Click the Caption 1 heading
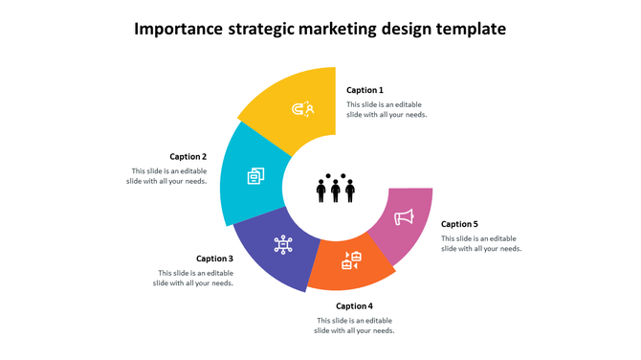click(x=365, y=90)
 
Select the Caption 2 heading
click(x=188, y=157)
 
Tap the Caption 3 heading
click(x=214, y=259)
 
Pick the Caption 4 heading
click(x=354, y=306)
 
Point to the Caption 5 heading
click(x=459, y=224)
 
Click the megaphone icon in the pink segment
click(x=404, y=217)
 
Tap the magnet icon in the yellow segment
click(x=304, y=109)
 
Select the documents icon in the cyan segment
click(x=256, y=176)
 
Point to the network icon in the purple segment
click(x=283, y=245)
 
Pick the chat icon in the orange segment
click(x=351, y=259)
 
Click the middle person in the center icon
click(x=336, y=191)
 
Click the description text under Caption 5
click(x=480, y=243)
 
